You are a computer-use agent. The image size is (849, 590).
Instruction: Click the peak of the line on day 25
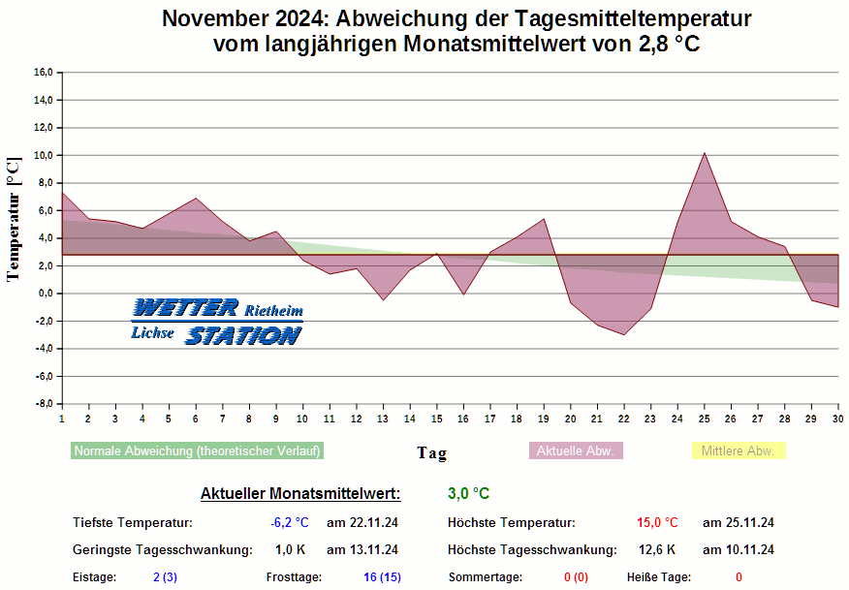705,153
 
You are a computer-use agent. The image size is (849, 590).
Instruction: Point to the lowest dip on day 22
624,334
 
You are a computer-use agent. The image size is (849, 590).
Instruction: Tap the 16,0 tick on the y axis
43,73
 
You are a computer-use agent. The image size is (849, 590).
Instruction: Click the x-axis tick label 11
330,419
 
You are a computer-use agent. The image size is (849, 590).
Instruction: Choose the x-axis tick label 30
837,419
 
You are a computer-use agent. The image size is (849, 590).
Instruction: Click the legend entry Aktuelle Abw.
576,451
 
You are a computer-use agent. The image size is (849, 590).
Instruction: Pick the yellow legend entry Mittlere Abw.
737,451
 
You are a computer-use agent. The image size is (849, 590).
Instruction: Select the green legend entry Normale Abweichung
197,451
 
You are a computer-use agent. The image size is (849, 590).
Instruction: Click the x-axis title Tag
431,453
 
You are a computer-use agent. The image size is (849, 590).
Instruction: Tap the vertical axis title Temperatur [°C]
13,219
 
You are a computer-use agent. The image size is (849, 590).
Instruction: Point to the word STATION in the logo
243,336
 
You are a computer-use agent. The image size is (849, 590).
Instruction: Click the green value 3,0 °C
469,494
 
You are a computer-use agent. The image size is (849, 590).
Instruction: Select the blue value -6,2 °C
290,523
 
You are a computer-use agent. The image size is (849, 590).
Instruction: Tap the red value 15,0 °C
657,523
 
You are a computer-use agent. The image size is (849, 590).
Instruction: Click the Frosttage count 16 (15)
382,577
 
